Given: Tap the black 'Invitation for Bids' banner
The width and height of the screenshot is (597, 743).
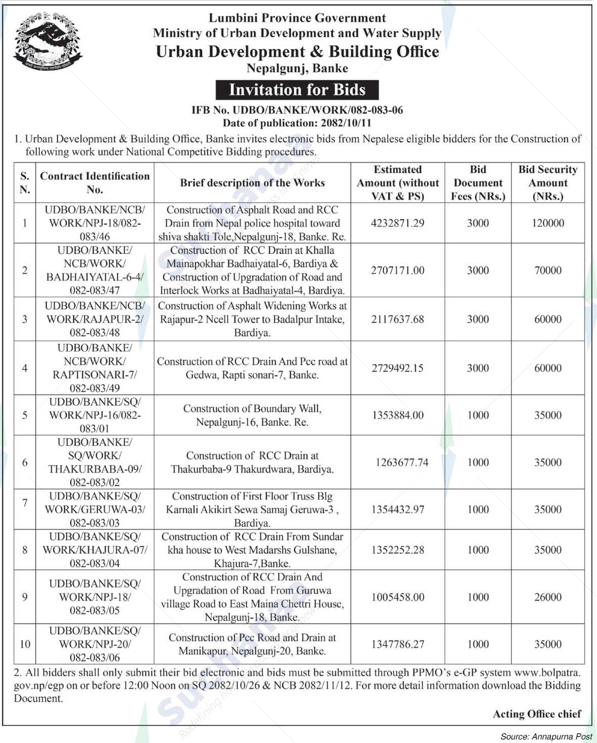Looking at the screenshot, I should point(297,90).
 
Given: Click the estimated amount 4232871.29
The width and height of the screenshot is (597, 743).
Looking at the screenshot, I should point(397,223).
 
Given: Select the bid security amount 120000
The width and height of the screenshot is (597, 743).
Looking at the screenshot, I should point(548,223).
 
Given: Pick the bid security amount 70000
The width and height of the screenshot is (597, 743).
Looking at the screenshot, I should point(548,270).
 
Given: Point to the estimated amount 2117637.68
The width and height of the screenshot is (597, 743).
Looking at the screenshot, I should point(397,319).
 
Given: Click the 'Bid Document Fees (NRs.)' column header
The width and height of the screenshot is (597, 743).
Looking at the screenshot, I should point(478,183).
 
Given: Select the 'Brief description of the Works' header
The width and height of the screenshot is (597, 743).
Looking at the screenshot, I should point(252,183).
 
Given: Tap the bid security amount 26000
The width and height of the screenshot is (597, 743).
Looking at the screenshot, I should point(548,597).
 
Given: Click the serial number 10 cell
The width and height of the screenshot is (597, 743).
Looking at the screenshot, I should point(25,644).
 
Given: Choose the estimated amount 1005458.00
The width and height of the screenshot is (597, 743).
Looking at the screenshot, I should point(397,597).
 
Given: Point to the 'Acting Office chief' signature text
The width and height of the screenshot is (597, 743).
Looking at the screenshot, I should point(537,714).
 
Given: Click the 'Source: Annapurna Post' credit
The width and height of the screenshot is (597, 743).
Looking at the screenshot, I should point(546,736).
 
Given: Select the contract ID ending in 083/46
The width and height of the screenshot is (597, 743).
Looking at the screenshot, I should point(95,223).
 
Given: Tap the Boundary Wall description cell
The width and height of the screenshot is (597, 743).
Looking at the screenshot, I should point(252,415).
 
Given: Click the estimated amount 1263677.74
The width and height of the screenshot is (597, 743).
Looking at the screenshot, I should point(401,462).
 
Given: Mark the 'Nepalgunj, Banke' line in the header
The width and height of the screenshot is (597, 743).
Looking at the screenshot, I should point(297,68).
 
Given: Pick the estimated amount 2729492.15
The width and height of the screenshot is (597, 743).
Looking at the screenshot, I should point(397,368).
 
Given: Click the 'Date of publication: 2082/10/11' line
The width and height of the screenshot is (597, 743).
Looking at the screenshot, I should point(297,123).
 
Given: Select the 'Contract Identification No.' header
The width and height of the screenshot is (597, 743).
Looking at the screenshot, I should point(95,183).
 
